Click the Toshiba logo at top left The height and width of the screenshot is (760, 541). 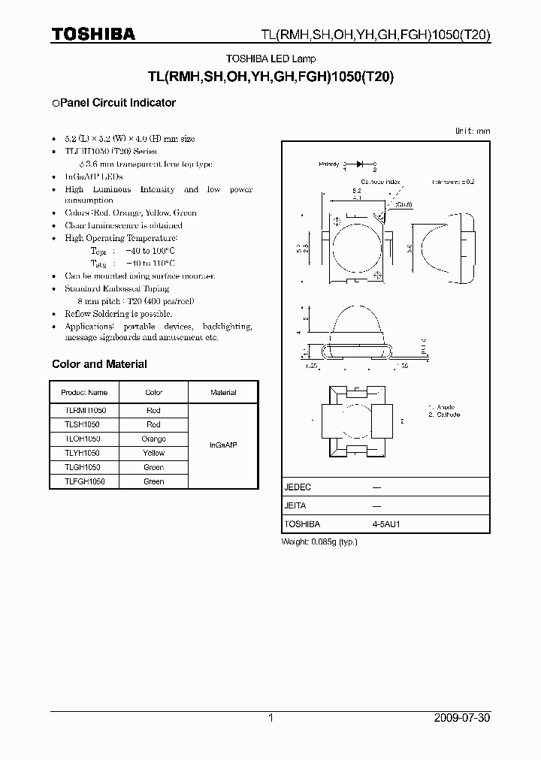tap(93, 34)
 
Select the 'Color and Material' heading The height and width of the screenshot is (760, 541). tap(99, 364)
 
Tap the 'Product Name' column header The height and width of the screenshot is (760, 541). tap(84, 392)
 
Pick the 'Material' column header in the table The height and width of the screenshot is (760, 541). tap(223, 392)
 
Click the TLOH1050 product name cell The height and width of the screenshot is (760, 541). tap(84, 439)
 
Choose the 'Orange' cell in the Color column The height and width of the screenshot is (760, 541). tap(153, 439)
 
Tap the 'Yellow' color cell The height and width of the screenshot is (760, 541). tap(153, 453)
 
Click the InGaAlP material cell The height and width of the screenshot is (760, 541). tap(223, 445)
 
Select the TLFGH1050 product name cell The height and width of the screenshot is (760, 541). tap(84, 481)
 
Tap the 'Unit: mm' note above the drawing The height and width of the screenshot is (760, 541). tap(473, 131)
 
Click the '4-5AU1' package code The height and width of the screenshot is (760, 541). tap(388, 524)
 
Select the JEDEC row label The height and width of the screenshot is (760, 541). tap(298, 487)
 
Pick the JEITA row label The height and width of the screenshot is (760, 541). tap(295, 506)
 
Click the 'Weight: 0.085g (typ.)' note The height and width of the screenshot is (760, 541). tap(319, 541)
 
